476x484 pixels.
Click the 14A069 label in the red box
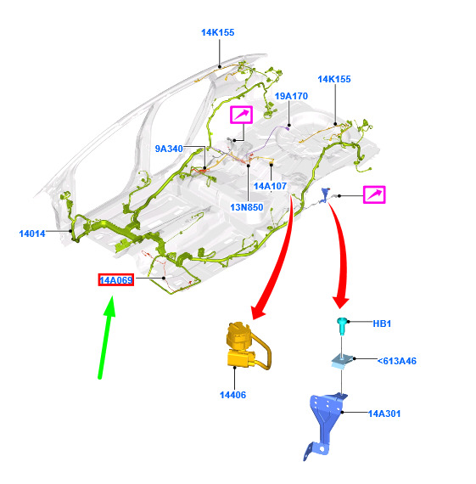point(116,280)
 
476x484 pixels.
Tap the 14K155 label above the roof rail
point(218,32)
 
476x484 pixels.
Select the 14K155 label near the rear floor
point(334,79)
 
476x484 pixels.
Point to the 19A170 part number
point(291,96)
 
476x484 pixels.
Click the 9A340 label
point(169,149)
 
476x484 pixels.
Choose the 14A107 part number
point(270,186)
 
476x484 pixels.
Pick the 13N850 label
point(247,207)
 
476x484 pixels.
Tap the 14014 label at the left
point(32,234)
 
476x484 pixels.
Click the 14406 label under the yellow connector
point(233,395)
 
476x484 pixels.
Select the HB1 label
point(382,324)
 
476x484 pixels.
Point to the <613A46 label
point(397,361)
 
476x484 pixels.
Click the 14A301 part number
point(384,414)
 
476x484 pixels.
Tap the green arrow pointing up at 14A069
point(106,337)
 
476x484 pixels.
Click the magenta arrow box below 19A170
point(241,115)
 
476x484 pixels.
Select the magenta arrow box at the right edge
point(374,194)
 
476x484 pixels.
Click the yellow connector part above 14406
point(247,346)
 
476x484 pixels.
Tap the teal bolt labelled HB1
point(341,326)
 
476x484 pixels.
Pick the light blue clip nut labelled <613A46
point(342,360)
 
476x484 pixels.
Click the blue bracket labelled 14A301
point(326,423)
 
